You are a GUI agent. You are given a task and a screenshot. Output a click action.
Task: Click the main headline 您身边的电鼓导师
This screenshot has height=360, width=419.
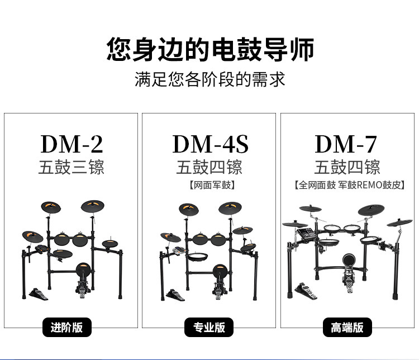(209, 49)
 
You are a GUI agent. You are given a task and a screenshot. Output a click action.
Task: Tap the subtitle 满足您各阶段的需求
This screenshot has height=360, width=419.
(209, 79)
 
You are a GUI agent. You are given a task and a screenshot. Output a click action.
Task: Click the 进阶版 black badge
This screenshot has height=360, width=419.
(66, 328)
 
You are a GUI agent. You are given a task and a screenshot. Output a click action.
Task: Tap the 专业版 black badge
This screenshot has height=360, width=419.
(209, 328)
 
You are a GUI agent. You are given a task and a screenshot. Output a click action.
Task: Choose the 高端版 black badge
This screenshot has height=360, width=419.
(347, 328)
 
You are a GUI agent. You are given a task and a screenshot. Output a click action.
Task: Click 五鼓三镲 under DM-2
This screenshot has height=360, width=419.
(72, 168)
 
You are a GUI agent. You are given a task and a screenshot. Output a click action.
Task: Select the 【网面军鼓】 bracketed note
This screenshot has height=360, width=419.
(209, 185)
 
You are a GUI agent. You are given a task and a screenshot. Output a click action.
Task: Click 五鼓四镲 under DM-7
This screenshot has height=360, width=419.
(347, 168)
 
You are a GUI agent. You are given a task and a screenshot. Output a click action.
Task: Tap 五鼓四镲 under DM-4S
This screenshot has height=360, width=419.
(209, 168)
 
